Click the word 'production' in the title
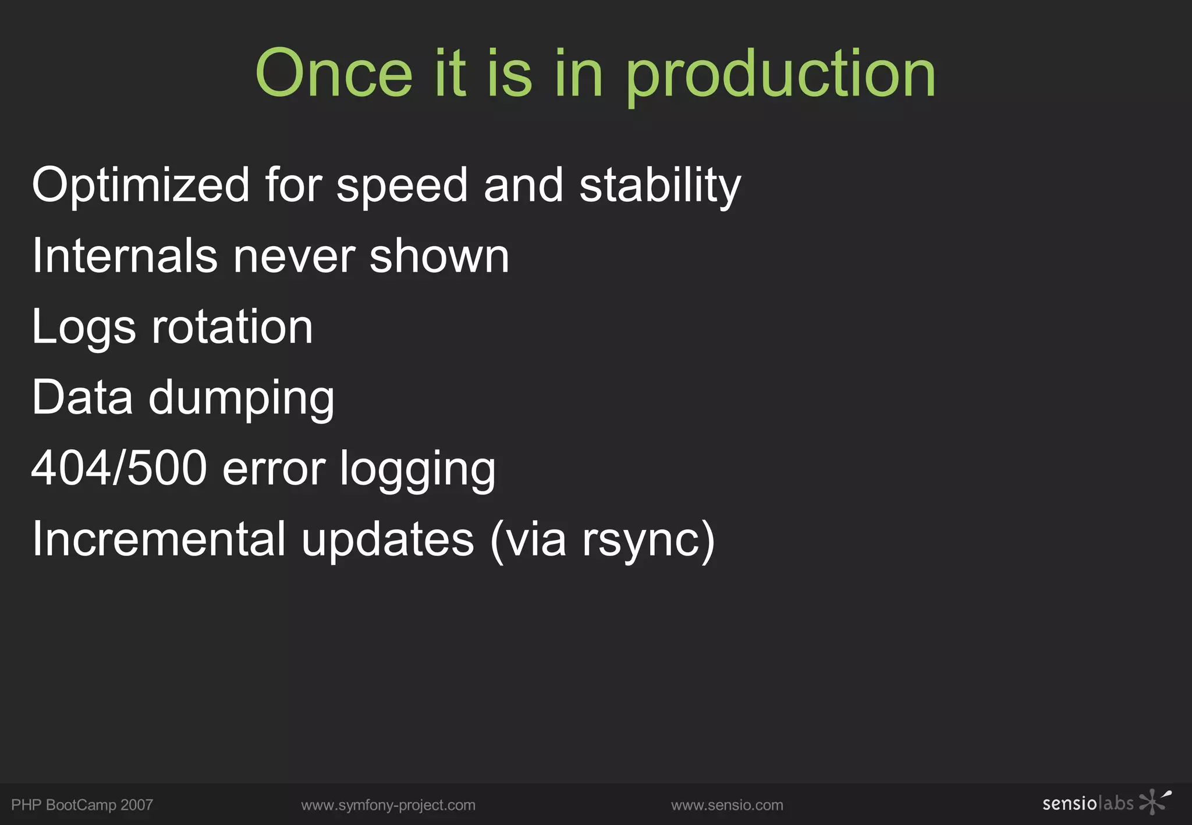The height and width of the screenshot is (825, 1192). click(781, 76)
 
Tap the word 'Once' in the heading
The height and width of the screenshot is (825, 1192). click(334, 74)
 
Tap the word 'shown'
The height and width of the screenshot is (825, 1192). click(439, 256)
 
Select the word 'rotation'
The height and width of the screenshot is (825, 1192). click(232, 327)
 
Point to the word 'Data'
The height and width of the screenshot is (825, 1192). click(83, 397)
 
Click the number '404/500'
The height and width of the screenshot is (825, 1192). click(119, 468)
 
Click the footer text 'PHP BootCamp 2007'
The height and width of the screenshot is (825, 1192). click(82, 805)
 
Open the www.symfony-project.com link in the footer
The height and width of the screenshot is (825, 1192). click(388, 805)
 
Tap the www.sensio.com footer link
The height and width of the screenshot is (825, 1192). click(727, 805)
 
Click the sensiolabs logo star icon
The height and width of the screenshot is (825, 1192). click(1154, 802)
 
